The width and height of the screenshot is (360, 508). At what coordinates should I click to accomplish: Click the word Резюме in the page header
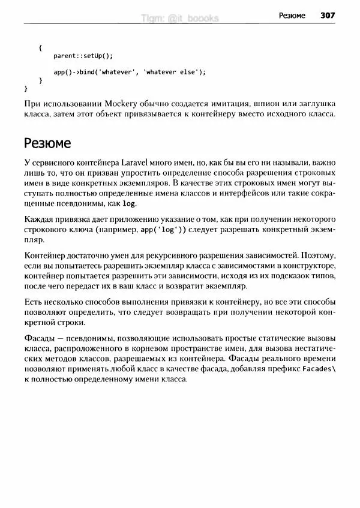(292, 15)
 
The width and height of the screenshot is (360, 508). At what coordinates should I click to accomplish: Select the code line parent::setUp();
(83, 56)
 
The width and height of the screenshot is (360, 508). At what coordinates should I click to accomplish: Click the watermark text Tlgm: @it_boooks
(179, 18)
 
